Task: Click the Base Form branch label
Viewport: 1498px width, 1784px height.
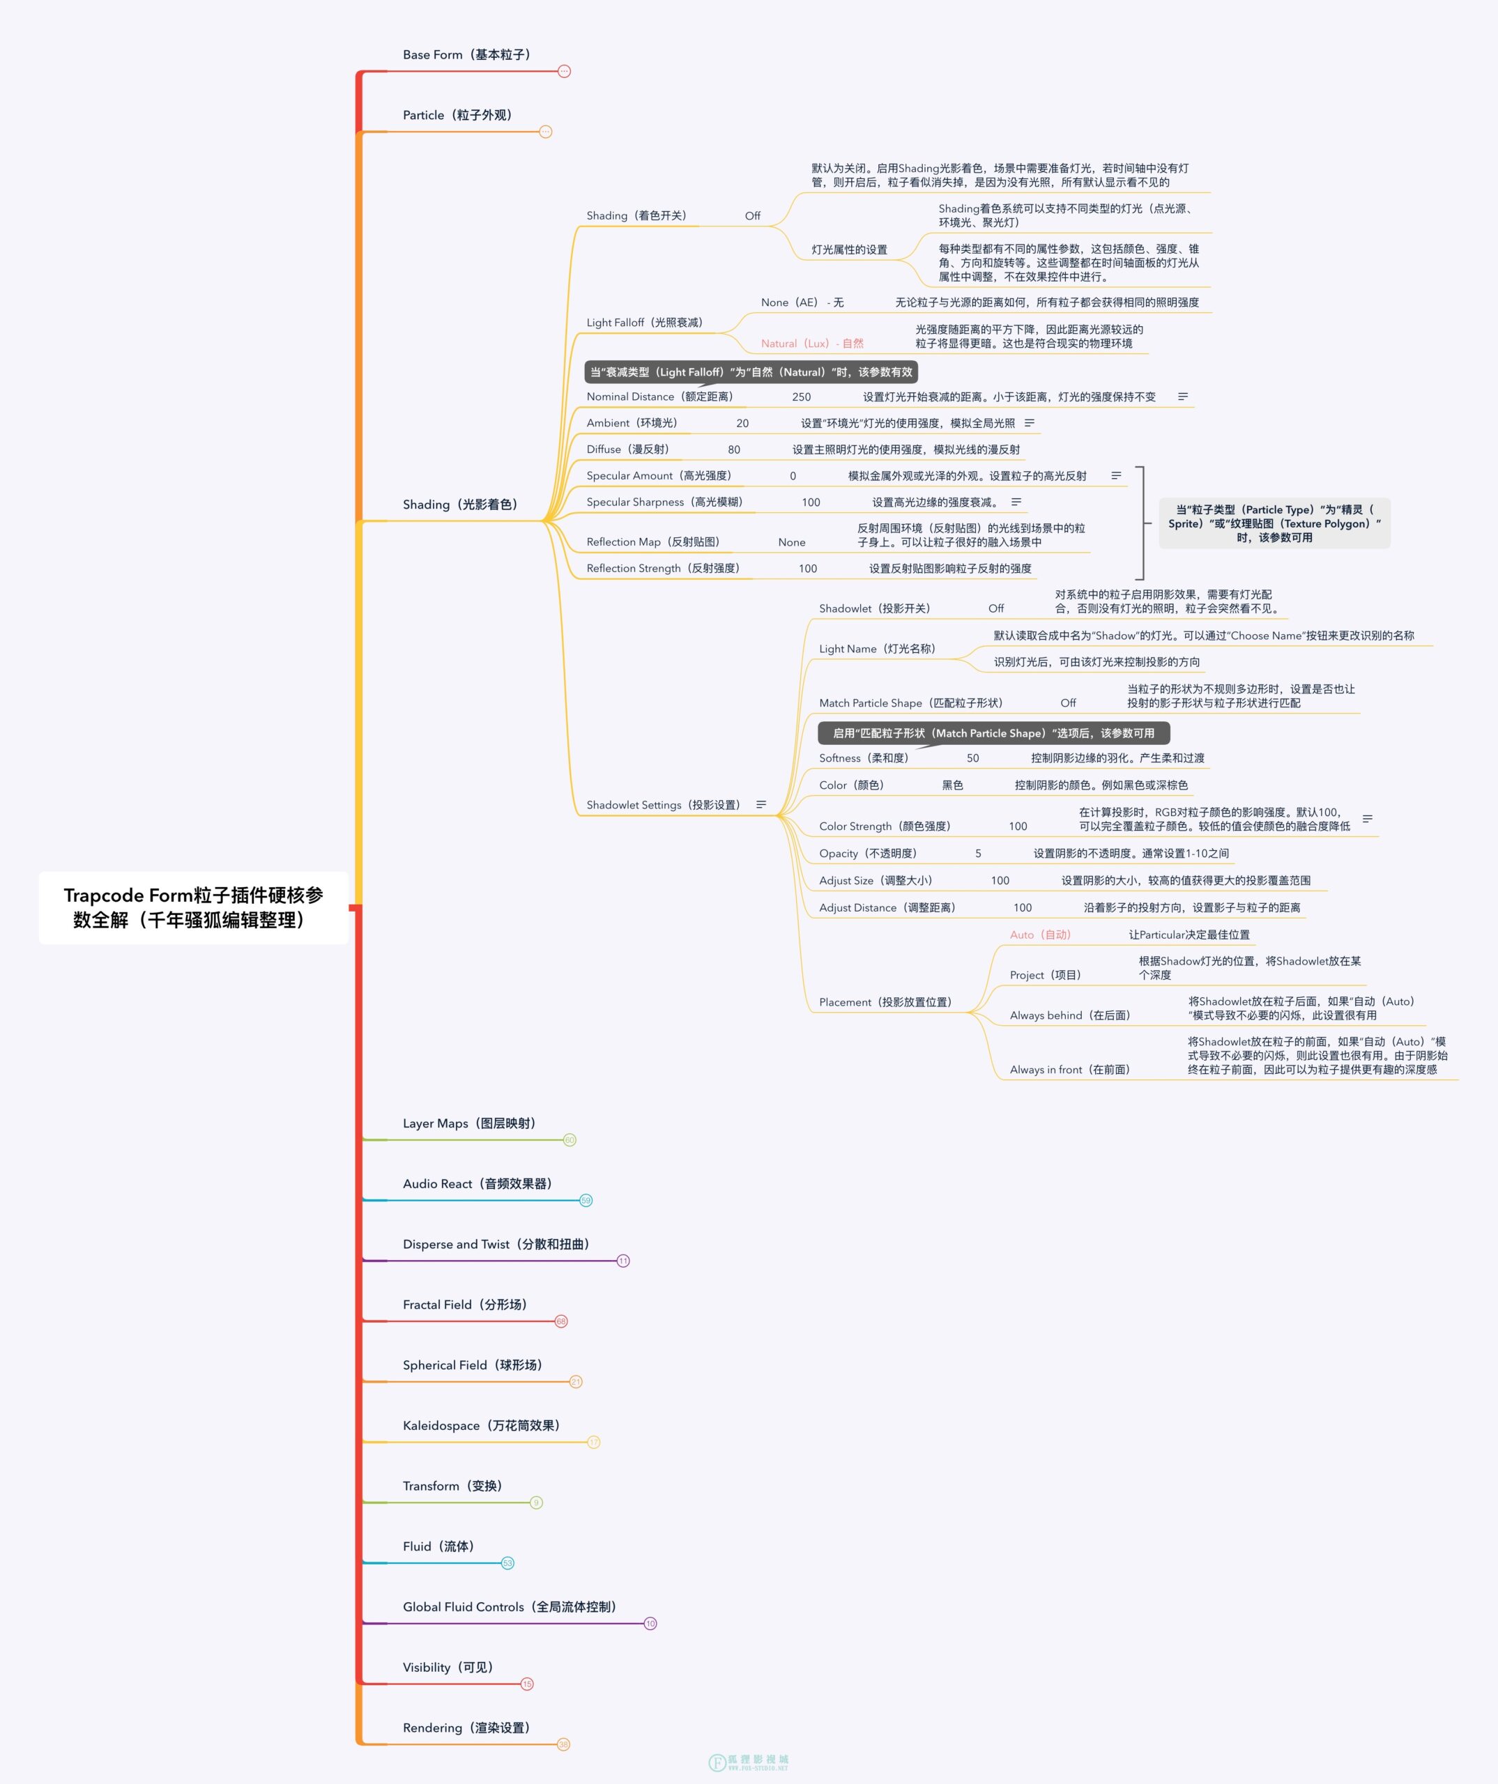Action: (x=466, y=54)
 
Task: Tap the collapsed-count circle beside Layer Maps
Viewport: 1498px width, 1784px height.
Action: (x=570, y=1140)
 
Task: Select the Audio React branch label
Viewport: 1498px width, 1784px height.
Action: (x=477, y=1183)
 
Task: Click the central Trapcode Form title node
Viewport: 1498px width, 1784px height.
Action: (x=194, y=907)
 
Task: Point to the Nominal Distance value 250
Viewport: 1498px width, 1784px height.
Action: (x=801, y=397)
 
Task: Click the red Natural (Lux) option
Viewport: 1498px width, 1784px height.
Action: (x=812, y=343)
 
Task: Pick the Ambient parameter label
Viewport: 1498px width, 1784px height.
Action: (x=632, y=423)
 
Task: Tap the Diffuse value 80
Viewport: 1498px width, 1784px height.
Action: (x=734, y=449)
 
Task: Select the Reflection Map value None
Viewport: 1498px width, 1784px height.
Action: (x=792, y=542)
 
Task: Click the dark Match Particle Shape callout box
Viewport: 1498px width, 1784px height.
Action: (x=993, y=733)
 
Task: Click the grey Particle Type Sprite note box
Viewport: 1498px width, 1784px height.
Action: (x=1274, y=523)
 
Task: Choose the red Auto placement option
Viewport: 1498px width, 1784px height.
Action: (x=1041, y=935)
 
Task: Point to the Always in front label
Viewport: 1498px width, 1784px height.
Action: (x=1071, y=1070)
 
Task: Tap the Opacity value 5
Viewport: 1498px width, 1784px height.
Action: (x=978, y=853)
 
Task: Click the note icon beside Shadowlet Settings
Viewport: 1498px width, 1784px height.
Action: (x=761, y=804)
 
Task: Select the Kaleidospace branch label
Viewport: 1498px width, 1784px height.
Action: (x=482, y=1426)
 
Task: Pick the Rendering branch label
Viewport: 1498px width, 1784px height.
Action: (x=466, y=1728)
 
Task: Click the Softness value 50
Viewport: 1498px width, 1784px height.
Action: (x=973, y=758)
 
